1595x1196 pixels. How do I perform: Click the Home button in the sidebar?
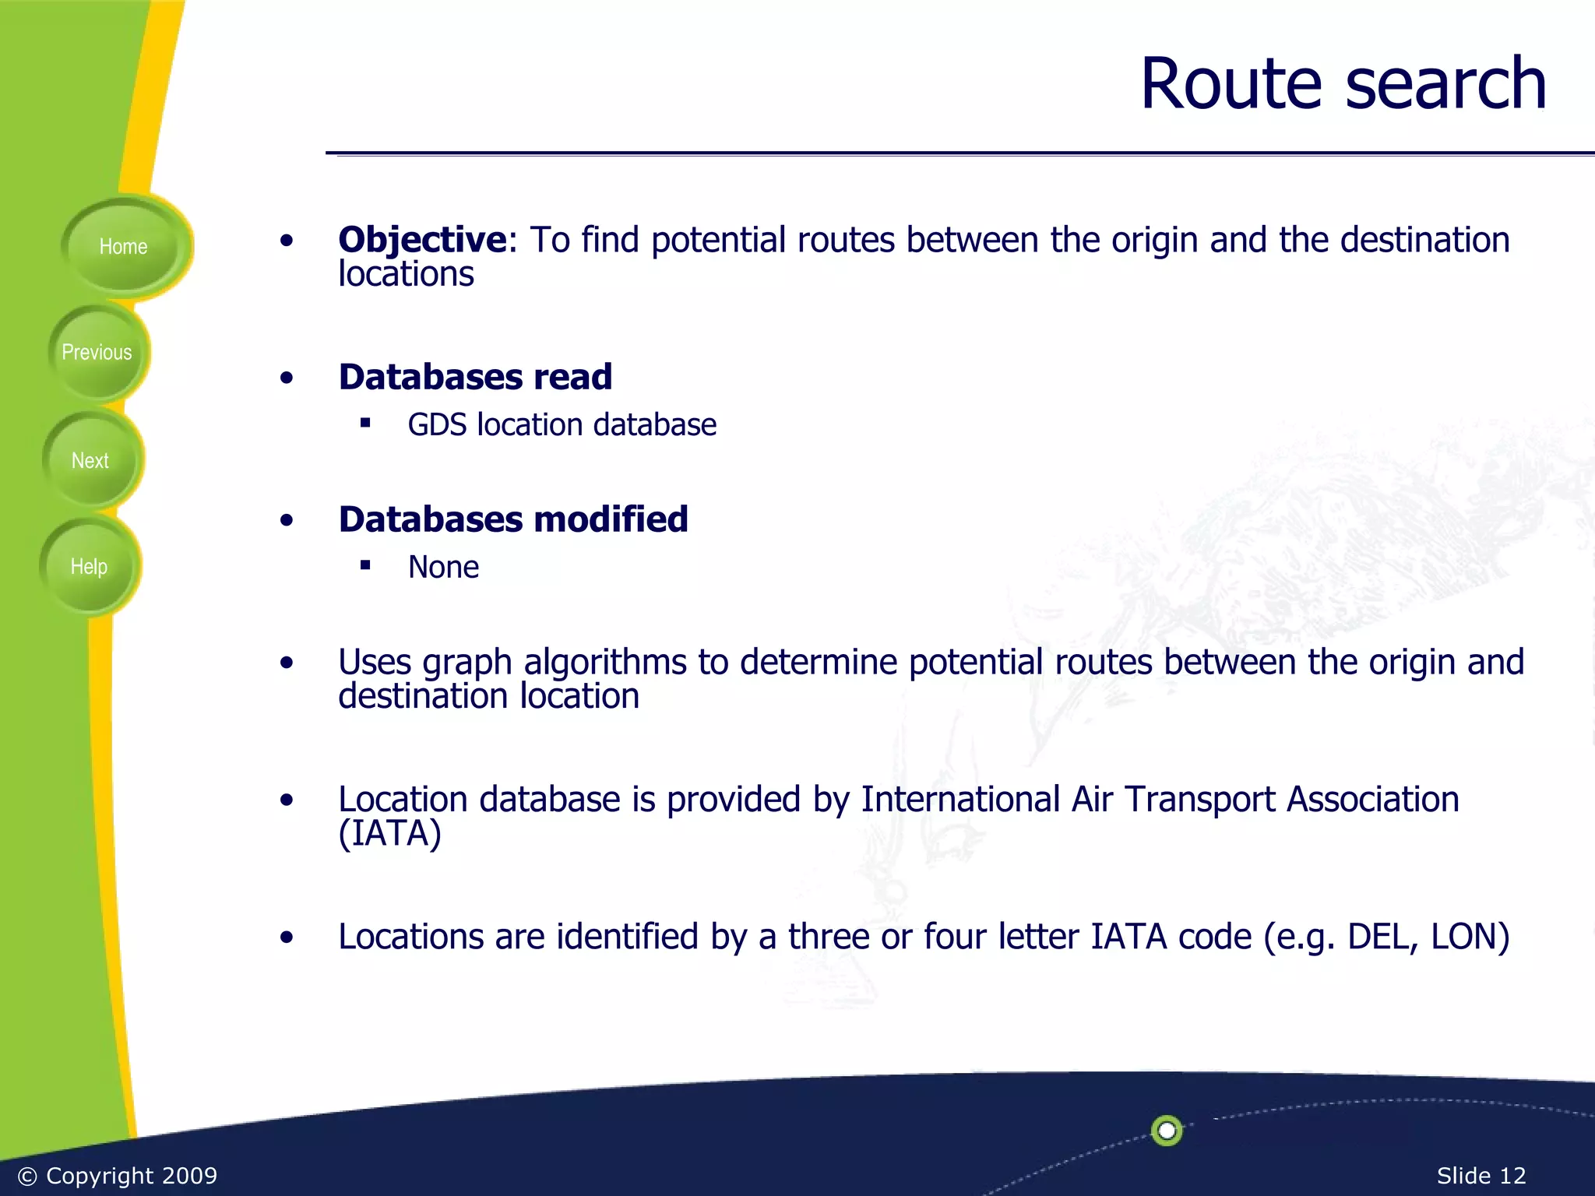(x=123, y=247)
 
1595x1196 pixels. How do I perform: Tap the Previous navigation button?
(x=97, y=353)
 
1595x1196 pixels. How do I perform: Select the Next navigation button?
(x=90, y=460)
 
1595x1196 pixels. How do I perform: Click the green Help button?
(x=89, y=566)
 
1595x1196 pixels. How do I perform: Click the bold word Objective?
(x=422, y=239)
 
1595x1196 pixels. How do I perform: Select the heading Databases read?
(x=475, y=377)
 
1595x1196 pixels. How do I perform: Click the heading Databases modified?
(x=513, y=519)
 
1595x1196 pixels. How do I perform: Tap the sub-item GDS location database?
(x=562, y=425)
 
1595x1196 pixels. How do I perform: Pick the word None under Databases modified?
(x=443, y=568)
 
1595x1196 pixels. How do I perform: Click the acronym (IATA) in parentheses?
(x=389, y=833)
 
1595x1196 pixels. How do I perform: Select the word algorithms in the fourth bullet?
(x=605, y=663)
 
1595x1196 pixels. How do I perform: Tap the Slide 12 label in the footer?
(x=1481, y=1176)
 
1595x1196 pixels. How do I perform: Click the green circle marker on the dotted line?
(x=1167, y=1131)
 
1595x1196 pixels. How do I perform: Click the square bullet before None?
(x=365, y=565)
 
